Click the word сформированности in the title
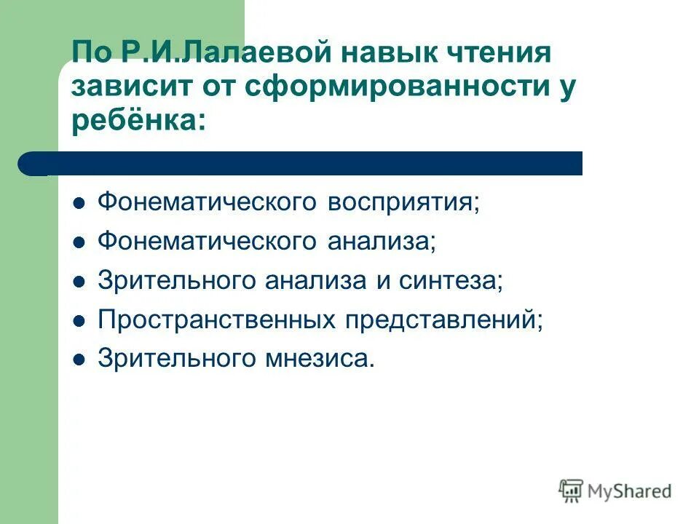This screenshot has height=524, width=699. point(392,87)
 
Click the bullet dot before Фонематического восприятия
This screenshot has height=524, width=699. point(79,202)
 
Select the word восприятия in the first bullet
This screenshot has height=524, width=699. point(403,202)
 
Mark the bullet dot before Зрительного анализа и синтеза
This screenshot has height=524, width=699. point(79,281)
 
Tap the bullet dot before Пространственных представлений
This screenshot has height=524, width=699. point(79,320)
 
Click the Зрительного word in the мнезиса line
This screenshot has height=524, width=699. point(177,359)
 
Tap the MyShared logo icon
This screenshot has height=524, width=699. point(571,491)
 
